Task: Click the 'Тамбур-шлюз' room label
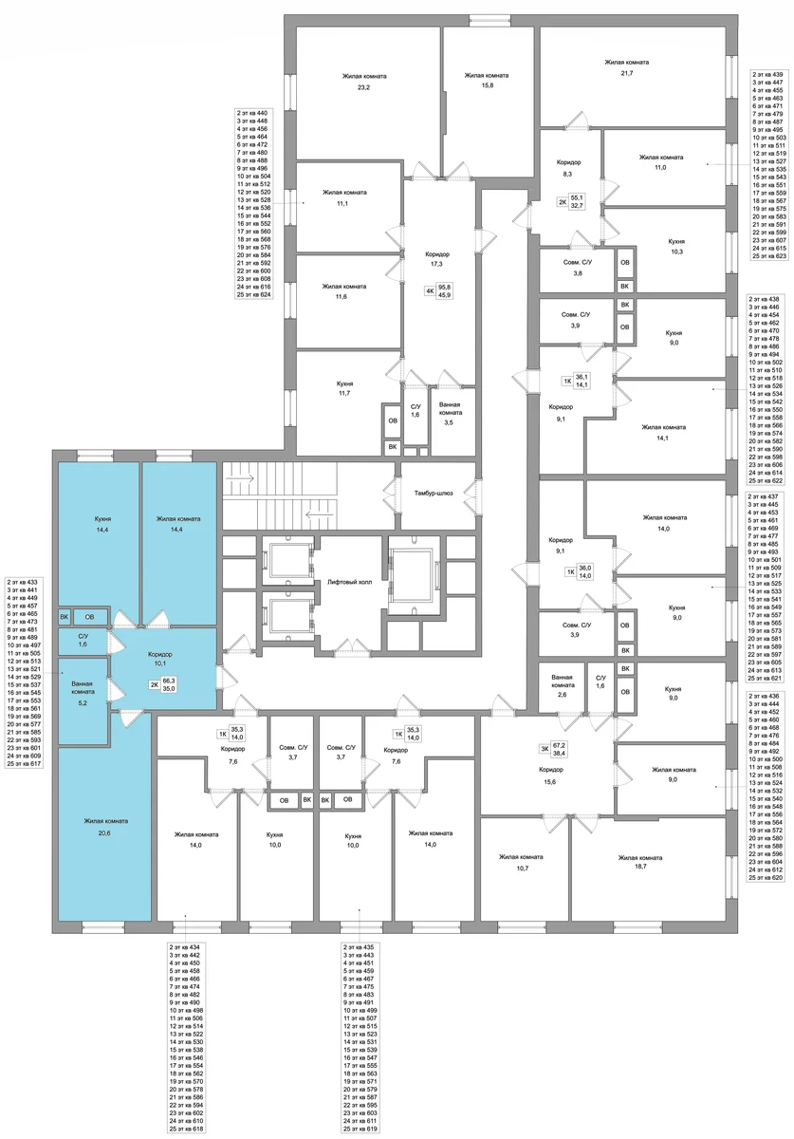(434, 493)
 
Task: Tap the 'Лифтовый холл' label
(350, 582)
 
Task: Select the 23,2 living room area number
(363, 87)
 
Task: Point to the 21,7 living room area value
(626, 73)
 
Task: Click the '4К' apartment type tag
(430, 291)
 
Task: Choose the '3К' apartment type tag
(544, 748)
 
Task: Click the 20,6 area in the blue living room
(105, 831)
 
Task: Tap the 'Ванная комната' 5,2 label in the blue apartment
(82, 692)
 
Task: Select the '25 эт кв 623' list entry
(769, 256)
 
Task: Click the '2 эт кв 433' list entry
(24, 582)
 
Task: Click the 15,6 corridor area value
(550, 781)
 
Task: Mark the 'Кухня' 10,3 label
(676, 247)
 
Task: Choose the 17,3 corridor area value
(437, 265)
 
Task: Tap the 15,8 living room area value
(487, 85)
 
